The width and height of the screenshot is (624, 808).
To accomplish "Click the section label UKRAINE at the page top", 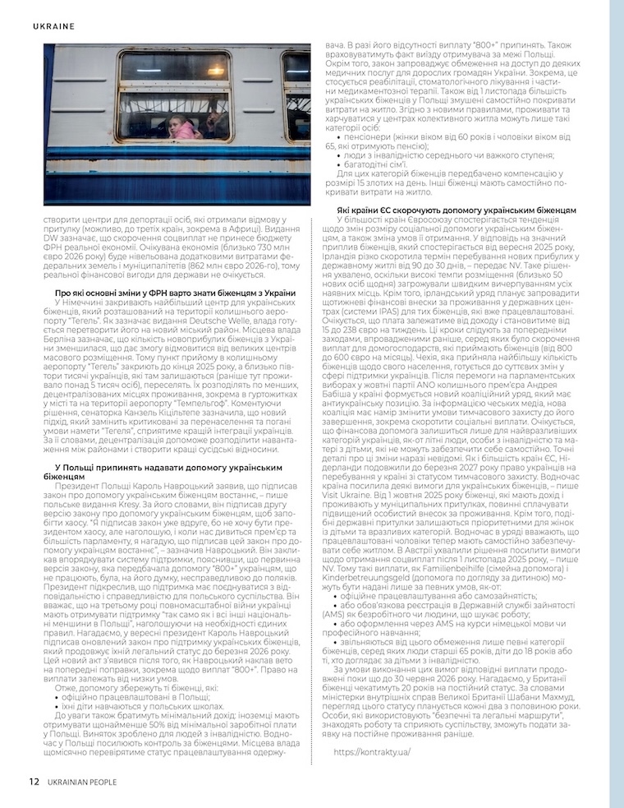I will click(54, 26).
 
